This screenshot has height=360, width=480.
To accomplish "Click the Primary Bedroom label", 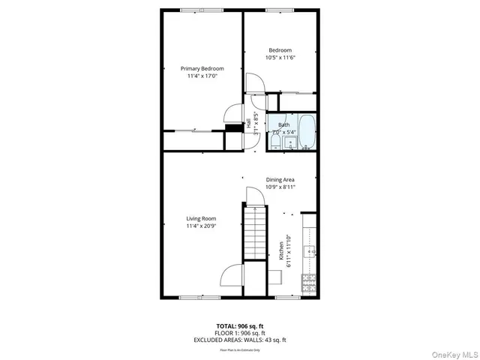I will [202, 68].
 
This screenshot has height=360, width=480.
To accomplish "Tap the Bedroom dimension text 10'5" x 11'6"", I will [280, 58].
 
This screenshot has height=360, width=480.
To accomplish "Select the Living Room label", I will [202, 219].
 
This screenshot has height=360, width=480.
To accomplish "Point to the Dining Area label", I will [280, 180].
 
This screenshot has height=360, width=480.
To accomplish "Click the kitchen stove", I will [308, 283].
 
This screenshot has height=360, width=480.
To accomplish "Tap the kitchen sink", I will [308, 250].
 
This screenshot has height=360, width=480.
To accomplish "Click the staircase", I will [256, 235].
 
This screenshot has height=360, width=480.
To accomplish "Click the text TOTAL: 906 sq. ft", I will [240, 326].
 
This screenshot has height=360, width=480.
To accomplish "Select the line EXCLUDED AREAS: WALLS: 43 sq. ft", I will [240, 340].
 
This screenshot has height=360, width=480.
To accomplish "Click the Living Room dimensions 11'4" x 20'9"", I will [202, 226].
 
